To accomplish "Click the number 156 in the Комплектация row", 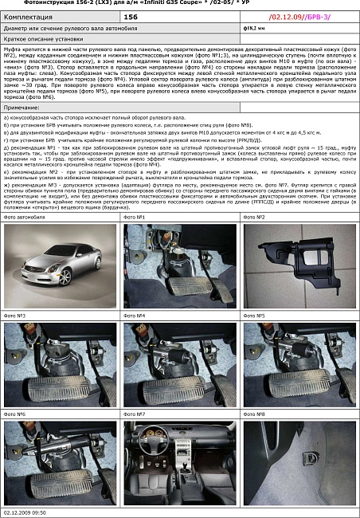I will coord(131,15).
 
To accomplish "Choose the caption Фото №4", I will coord(135,316).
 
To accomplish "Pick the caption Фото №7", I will coord(135,414).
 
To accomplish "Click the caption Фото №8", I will coord(255,414).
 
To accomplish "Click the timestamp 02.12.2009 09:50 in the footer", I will coord(25,512).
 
